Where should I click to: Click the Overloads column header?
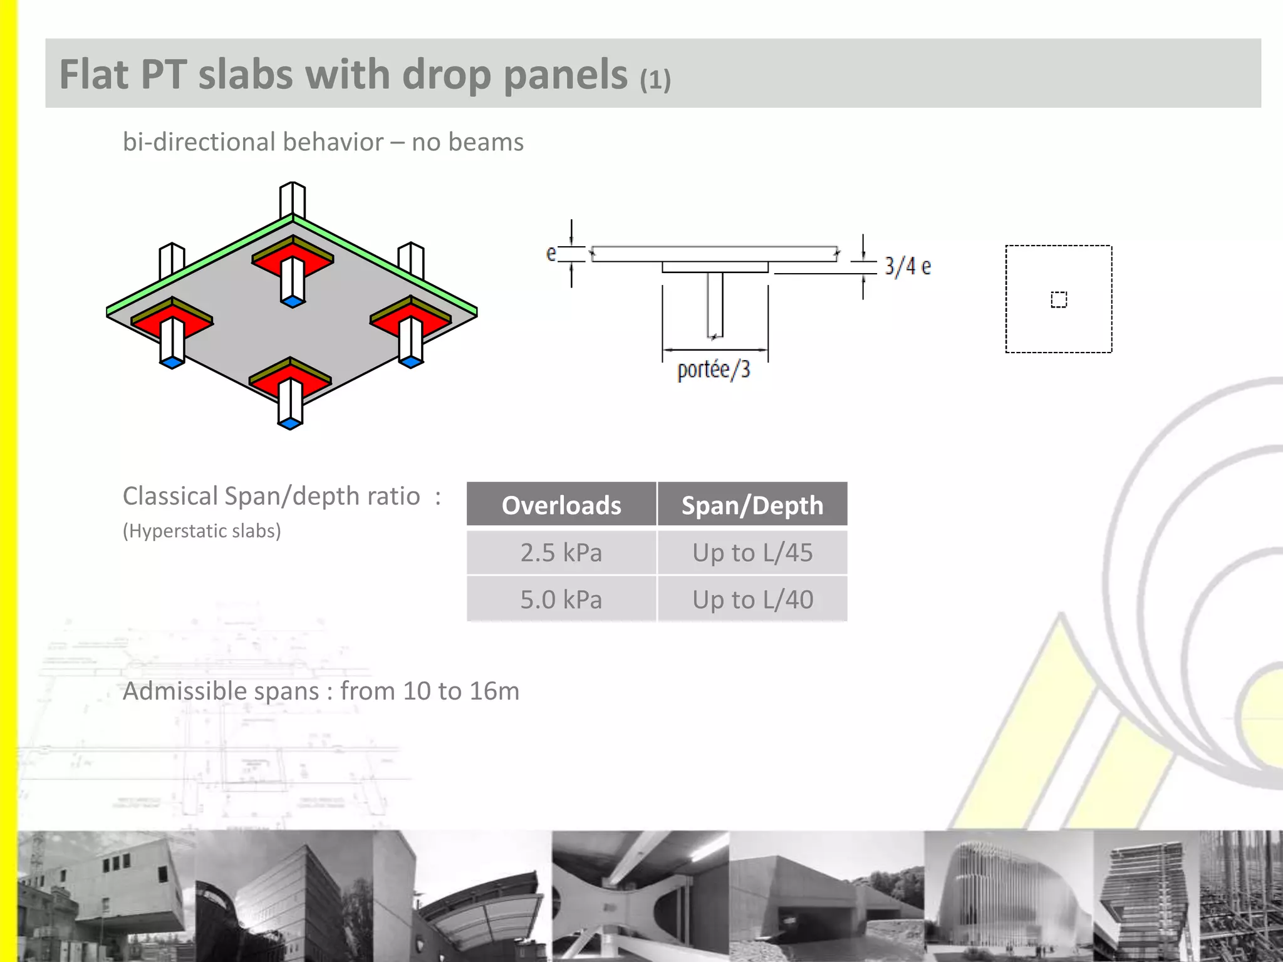(x=561, y=505)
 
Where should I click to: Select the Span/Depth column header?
(x=752, y=505)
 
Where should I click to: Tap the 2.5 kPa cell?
(x=561, y=552)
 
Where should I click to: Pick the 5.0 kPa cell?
(x=561, y=599)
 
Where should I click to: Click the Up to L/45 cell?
(x=752, y=552)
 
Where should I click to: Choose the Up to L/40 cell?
(x=752, y=599)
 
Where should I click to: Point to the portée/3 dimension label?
(x=714, y=370)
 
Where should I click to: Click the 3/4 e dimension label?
(x=908, y=266)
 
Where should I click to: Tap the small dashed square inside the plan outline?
(x=1059, y=299)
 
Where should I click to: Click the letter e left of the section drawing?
(x=551, y=253)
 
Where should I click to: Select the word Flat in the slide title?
(x=94, y=75)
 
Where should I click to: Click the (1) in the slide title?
(x=655, y=80)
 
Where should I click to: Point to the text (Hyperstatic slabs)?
(x=202, y=530)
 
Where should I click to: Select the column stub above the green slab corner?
(x=292, y=199)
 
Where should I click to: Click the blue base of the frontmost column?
(x=289, y=424)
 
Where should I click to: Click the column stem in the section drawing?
(x=715, y=304)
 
